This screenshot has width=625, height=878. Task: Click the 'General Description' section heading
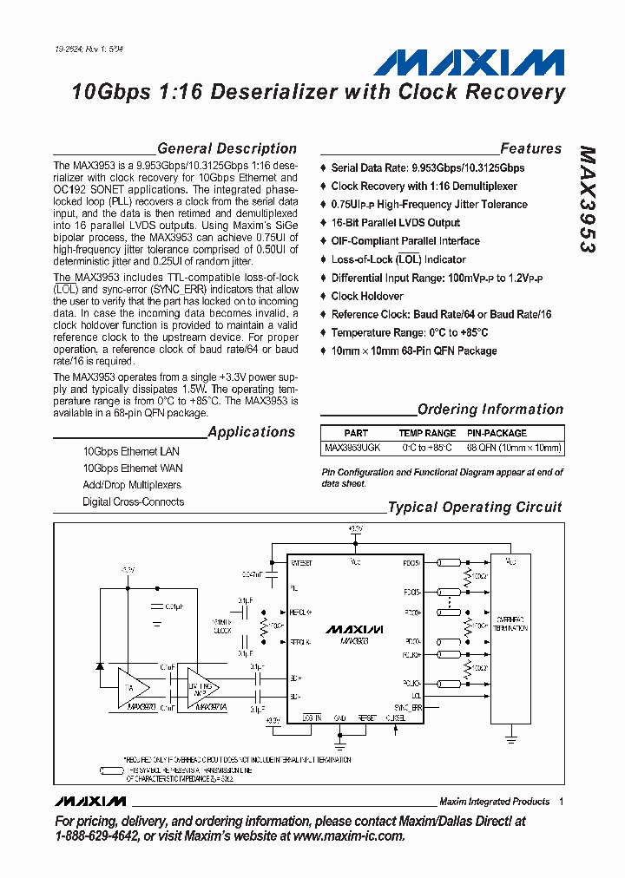[227, 149]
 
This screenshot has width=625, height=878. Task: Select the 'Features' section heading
[530, 149]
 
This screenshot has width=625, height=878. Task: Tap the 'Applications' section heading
[251, 432]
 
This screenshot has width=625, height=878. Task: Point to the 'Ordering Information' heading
[490, 410]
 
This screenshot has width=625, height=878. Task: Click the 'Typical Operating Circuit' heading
[474, 508]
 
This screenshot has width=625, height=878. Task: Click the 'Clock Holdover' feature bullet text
[367, 296]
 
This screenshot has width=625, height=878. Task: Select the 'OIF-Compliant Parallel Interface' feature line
[405, 241]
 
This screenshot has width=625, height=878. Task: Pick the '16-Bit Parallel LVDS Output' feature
[395, 223]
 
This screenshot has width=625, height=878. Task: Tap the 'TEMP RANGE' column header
[427, 433]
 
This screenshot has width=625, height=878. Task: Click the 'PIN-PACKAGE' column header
[497, 433]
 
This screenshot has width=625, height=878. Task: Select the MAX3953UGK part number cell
[352, 449]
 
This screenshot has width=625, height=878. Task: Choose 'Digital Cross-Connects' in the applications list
[133, 501]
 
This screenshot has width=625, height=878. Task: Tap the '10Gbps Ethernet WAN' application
[133, 468]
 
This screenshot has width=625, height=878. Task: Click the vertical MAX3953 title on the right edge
[587, 199]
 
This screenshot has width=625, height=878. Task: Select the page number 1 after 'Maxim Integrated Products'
[562, 802]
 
